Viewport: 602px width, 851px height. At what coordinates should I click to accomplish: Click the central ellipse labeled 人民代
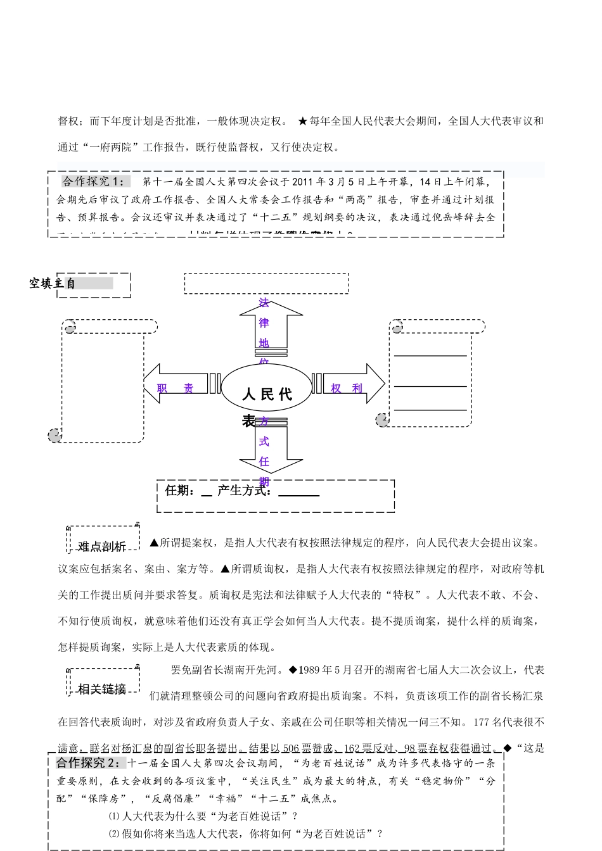pos(266,387)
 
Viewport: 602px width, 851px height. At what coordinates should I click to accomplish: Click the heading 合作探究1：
pos(94,182)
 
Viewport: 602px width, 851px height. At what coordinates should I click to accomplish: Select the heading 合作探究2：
pos(91,762)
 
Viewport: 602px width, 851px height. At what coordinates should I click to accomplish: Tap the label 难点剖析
pos(102,546)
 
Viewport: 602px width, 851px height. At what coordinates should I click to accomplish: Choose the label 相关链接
pos(102,689)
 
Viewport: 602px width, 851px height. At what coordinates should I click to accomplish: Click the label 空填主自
pos(53,284)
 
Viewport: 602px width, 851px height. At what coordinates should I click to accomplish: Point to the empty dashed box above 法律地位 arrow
pos(266,283)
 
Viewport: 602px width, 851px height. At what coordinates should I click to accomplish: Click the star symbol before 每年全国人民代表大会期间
pos(302,122)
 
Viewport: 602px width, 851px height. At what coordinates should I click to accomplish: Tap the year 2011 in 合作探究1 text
pos(304,182)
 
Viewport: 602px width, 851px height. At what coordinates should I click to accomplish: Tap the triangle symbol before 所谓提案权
pos(154,543)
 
